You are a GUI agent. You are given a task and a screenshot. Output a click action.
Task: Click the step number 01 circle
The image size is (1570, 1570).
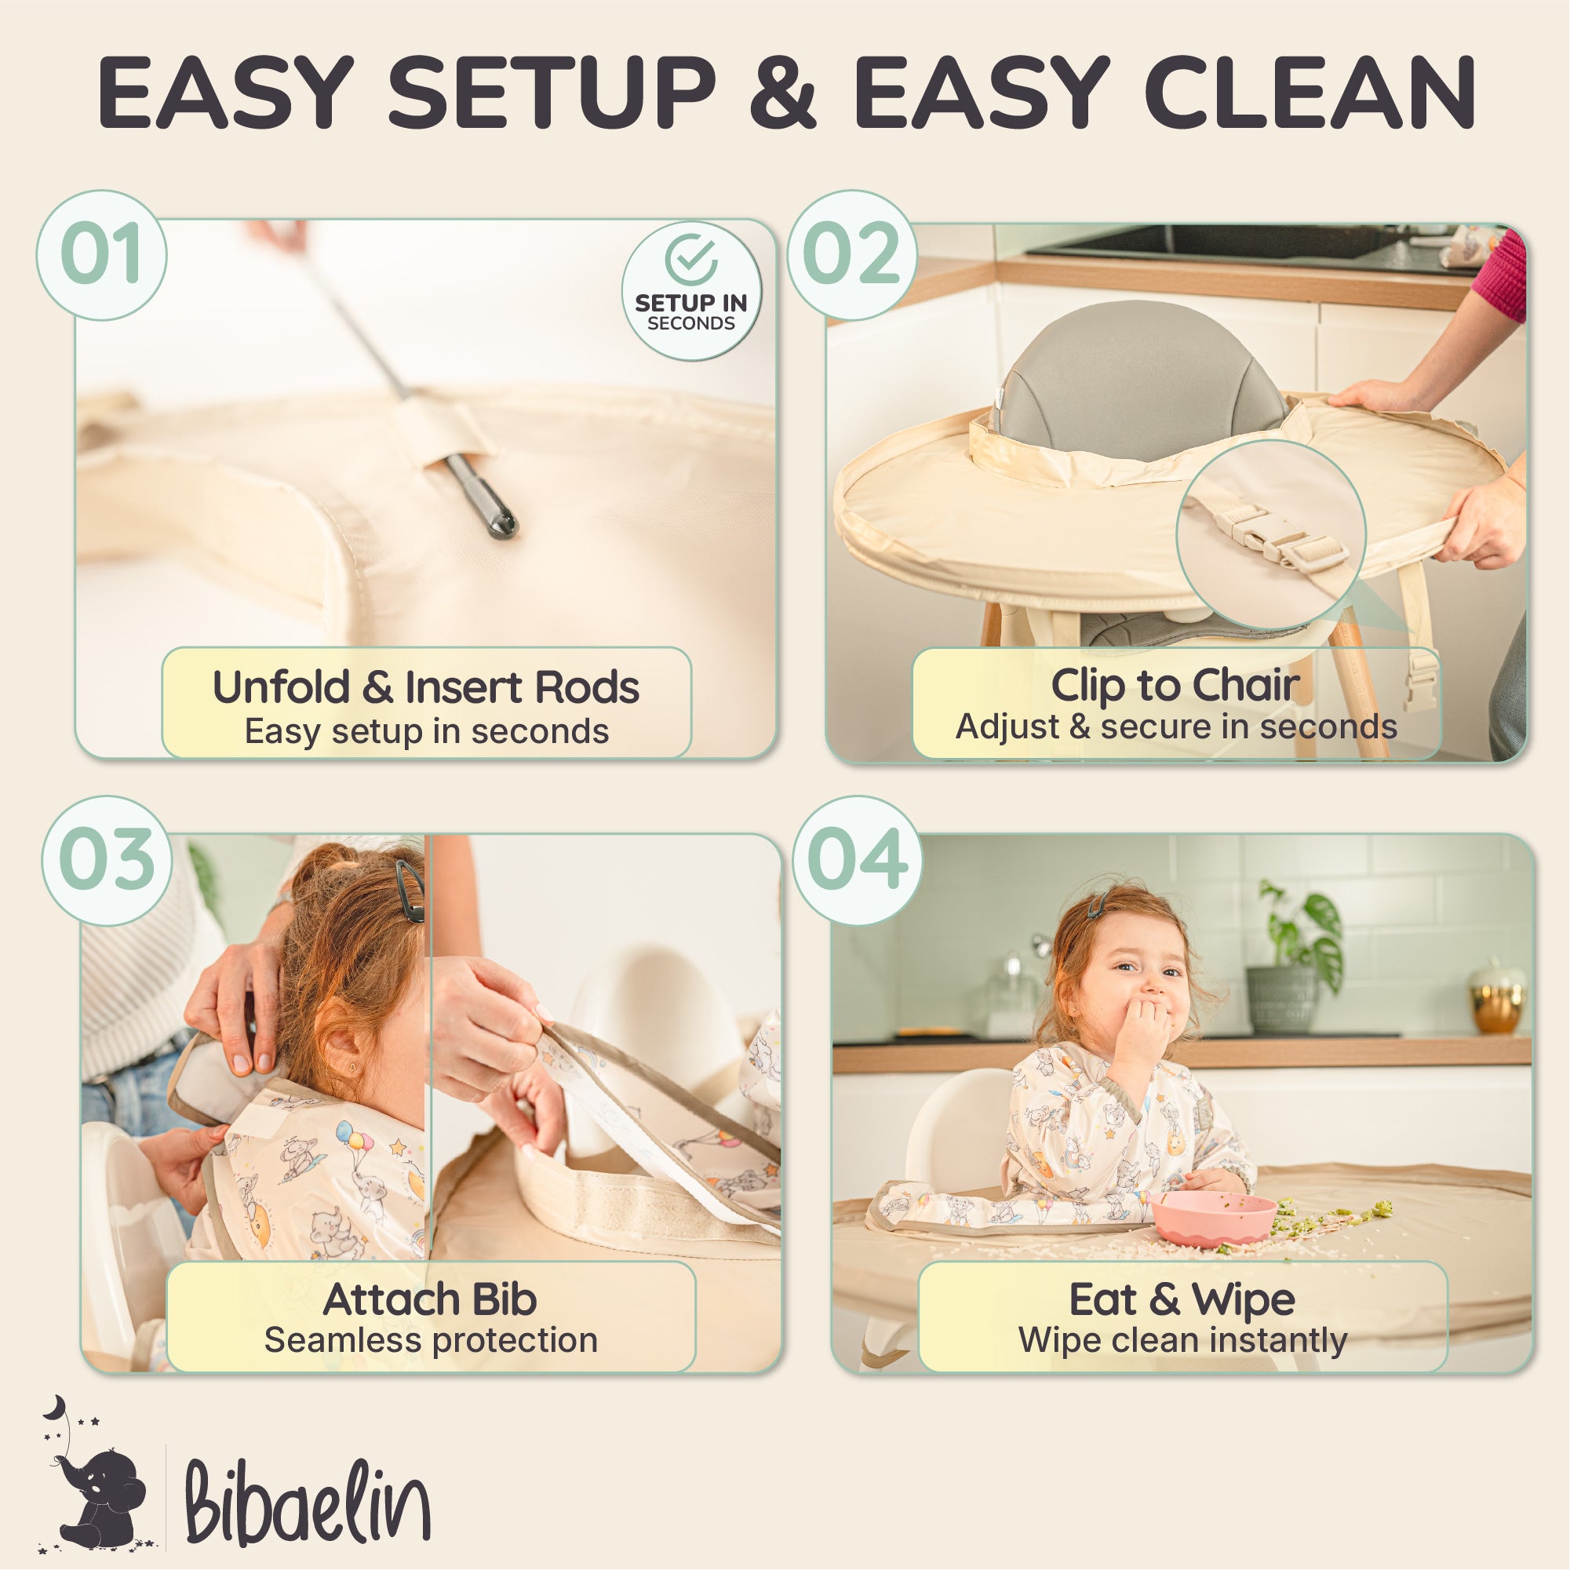pyautogui.click(x=101, y=254)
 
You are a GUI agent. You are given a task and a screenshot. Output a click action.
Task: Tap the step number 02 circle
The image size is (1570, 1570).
pyautogui.click(x=851, y=254)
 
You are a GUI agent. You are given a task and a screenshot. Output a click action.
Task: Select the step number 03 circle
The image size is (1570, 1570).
pyautogui.click(x=107, y=860)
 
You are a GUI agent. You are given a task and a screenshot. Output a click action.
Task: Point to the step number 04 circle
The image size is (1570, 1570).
pyautogui.click(x=858, y=860)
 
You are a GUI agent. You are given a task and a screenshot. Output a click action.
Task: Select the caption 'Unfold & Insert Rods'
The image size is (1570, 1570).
pyautogui.click(x=426, y=687)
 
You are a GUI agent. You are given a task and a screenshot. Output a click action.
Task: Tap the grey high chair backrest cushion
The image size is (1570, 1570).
pyautogui.click(x=1138, y=378)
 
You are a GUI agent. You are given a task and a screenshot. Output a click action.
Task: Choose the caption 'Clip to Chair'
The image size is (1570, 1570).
pyautogui.click(x=1175, y=685)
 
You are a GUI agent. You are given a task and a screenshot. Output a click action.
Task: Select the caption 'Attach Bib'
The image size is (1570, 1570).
pyautogui.click(x=430, y=1299)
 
